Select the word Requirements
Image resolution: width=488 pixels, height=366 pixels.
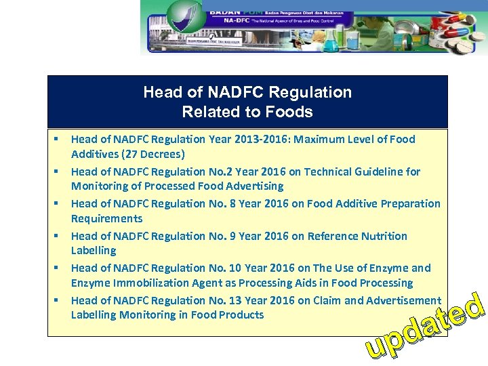[x=107, y=218]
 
